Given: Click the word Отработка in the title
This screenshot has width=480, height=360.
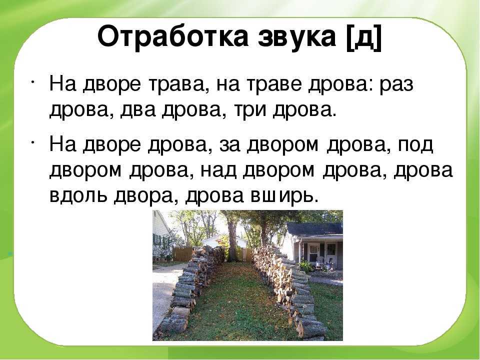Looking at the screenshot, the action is tap(172, 37).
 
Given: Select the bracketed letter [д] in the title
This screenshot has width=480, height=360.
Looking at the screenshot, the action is tap(364, 38).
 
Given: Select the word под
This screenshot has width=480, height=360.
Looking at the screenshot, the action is tap(415, 145).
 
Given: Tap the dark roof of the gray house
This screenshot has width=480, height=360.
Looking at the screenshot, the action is tap(314, 228).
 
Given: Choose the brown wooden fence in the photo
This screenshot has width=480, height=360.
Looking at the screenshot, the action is tap(182, 254).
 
